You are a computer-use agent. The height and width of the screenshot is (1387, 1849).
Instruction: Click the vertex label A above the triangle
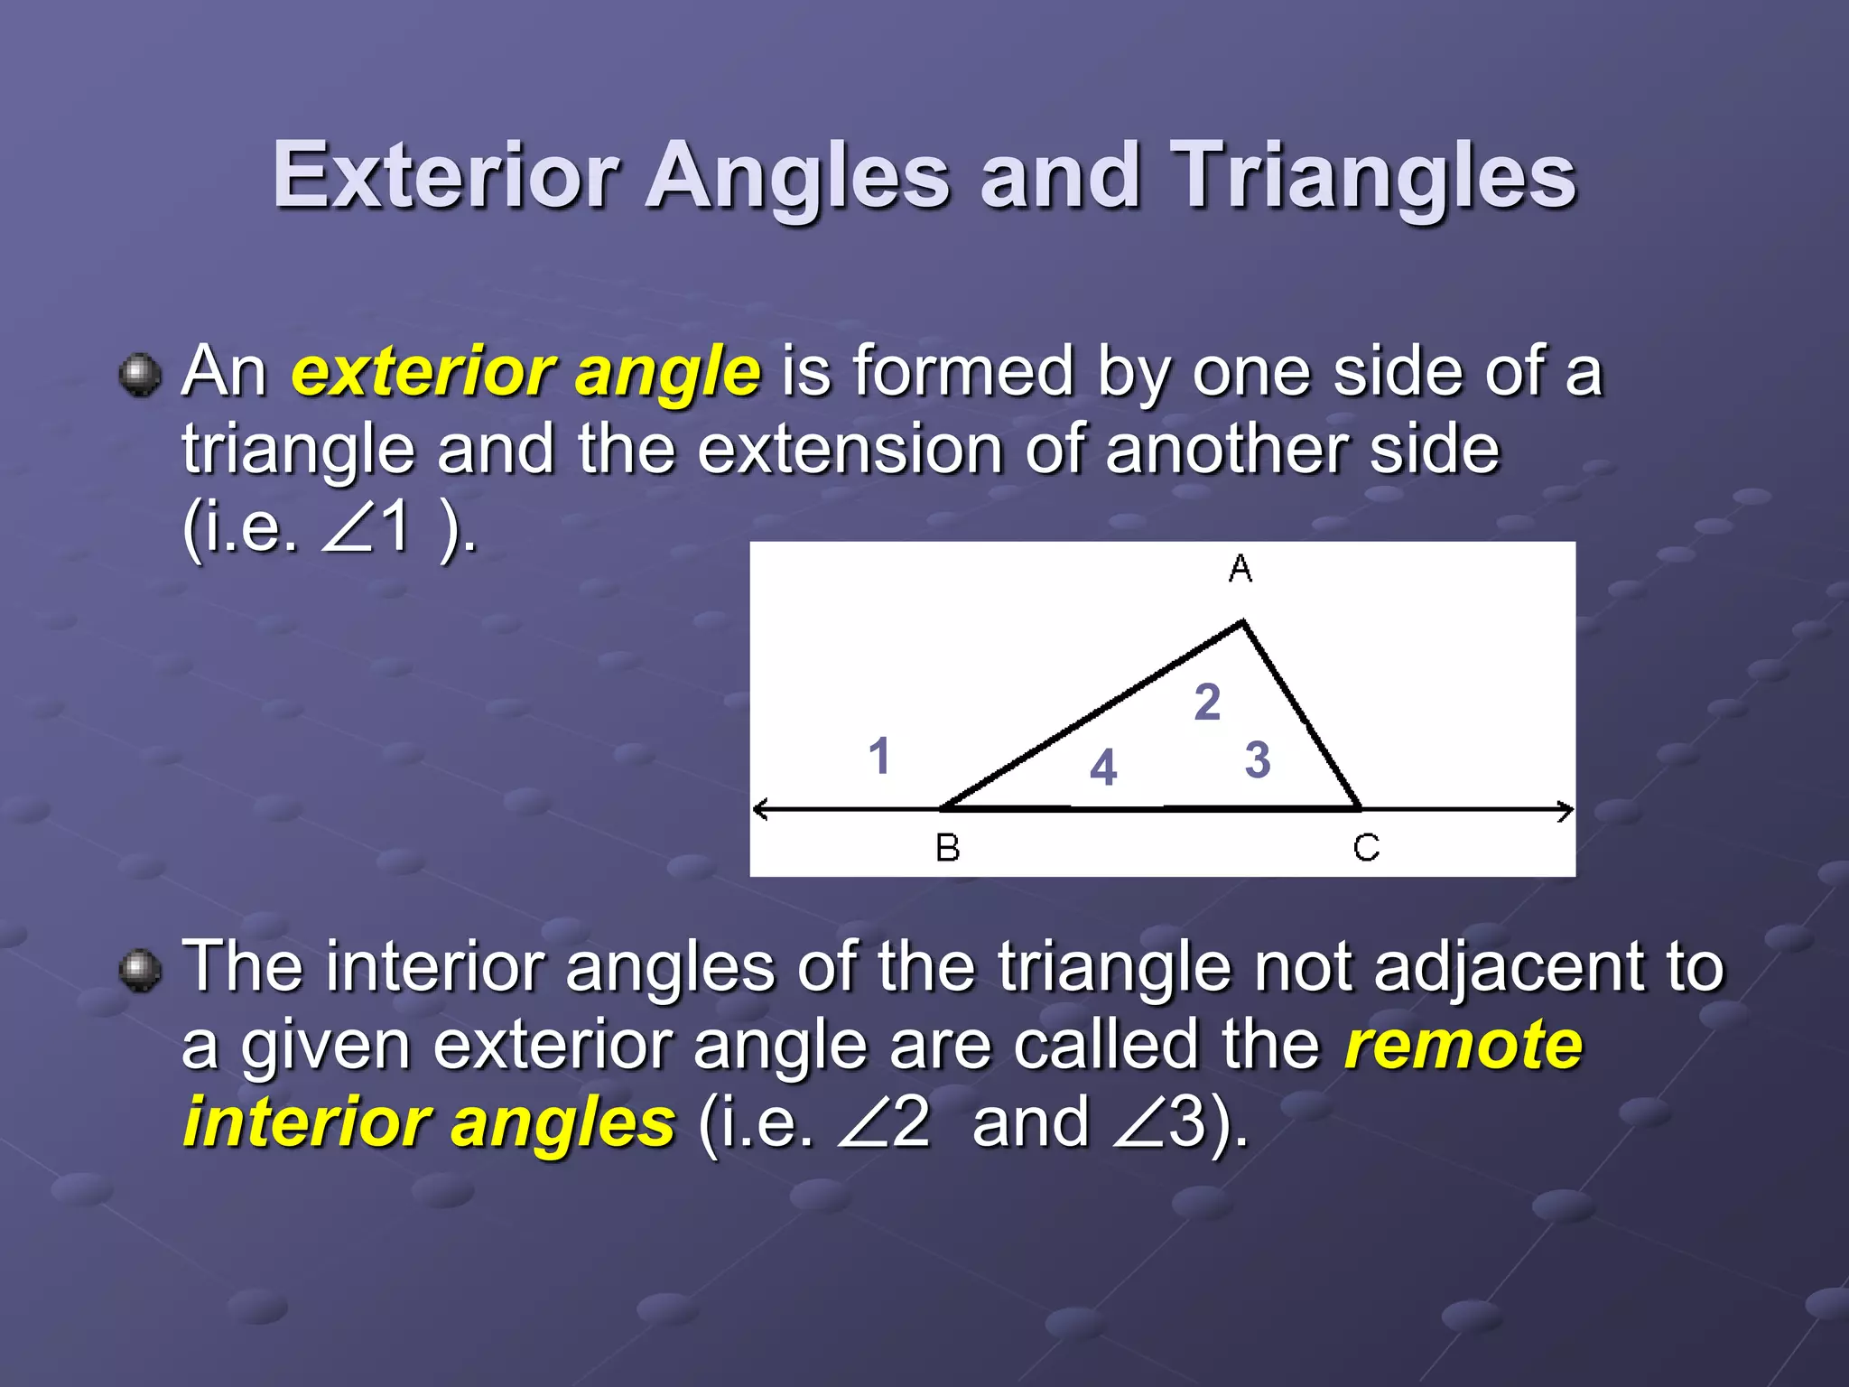coord(1240,569)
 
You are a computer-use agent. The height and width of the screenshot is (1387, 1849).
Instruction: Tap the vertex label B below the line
coord(947,848)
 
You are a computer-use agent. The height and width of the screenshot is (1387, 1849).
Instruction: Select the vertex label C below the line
coord(1366,848)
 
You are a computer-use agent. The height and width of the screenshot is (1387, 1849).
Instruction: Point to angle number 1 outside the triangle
coord(878,756)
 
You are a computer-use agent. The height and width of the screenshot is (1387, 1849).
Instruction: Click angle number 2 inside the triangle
coord(1207,702)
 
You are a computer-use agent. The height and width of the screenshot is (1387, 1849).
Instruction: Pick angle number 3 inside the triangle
coord(1258,759)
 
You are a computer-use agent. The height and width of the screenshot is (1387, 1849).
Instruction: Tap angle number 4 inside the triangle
coord(1103,768)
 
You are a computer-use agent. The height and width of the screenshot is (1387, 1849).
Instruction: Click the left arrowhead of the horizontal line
coord(760,809)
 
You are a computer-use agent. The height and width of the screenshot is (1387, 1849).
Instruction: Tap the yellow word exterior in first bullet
coord(423,372)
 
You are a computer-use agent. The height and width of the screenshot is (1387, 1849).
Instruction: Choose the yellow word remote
coord(1463,1045)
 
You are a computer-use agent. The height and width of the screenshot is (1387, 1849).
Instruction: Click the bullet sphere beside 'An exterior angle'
coord(140,375)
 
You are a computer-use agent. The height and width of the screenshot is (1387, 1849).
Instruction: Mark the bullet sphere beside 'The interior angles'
coord(140,971)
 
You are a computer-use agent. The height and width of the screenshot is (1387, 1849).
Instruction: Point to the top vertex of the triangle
coord(1243,622)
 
